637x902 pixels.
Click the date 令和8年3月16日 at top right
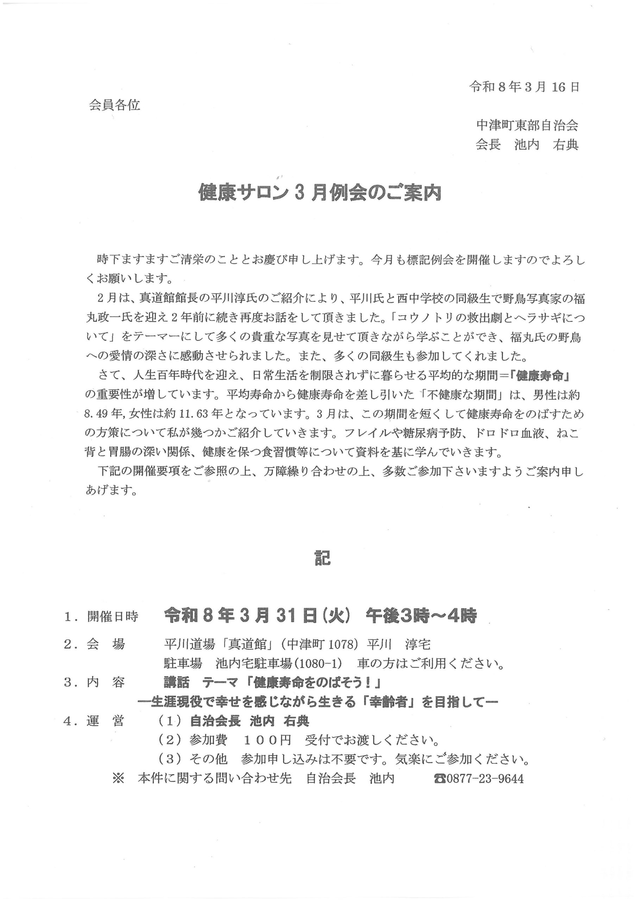point(524,87)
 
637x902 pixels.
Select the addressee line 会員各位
point(114,105)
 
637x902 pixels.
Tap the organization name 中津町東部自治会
point(527,125)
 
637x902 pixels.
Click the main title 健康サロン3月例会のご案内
point(320,193)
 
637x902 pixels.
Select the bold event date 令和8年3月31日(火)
point(258,616)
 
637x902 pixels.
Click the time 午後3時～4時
point(421,616)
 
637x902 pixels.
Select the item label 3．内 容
point(94,682)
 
